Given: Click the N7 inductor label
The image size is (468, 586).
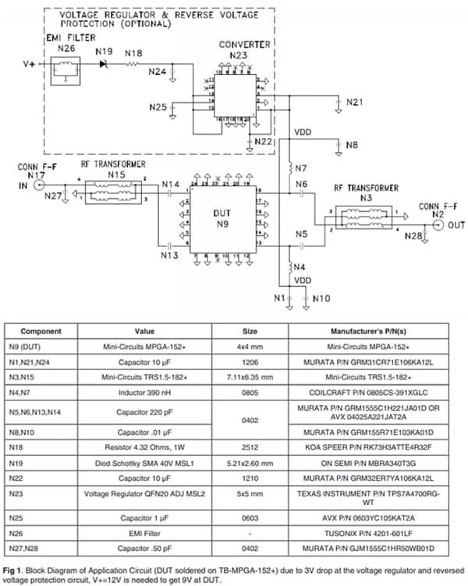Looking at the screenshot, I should point(301,169).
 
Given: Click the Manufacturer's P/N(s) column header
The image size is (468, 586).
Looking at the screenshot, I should point(367,330).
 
